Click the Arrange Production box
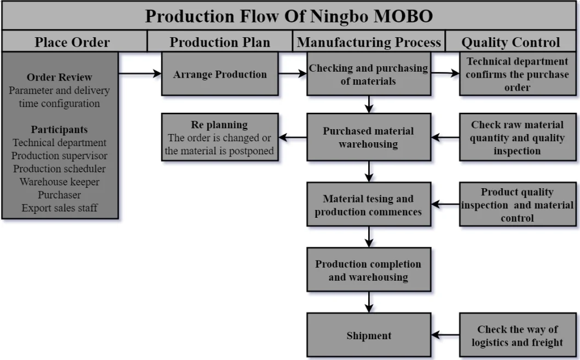pos(220,74)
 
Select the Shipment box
pos(369,335)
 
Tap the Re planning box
pos(220,137)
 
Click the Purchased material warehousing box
pos(369,137)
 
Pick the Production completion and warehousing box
pos(369,270)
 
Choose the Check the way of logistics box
pos(518,335)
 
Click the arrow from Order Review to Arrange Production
pos(140,74)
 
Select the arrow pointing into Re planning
pos(293,137)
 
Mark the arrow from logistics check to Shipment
pos(445,335)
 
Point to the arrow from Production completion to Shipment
pos(369,303)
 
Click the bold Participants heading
pos(59,130)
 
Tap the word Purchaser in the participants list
pos(59,195)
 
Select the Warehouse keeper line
pos(59,182)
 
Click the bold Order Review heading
pos(59,77)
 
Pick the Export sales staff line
pos(59,208)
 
